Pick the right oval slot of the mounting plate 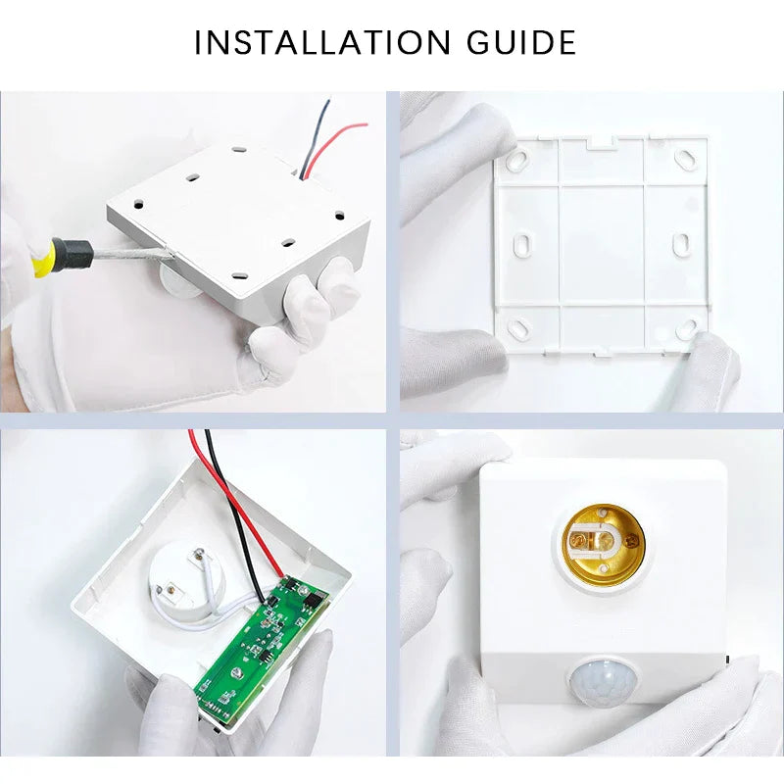pos(680,241)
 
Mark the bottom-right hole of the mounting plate pos(685,326)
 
